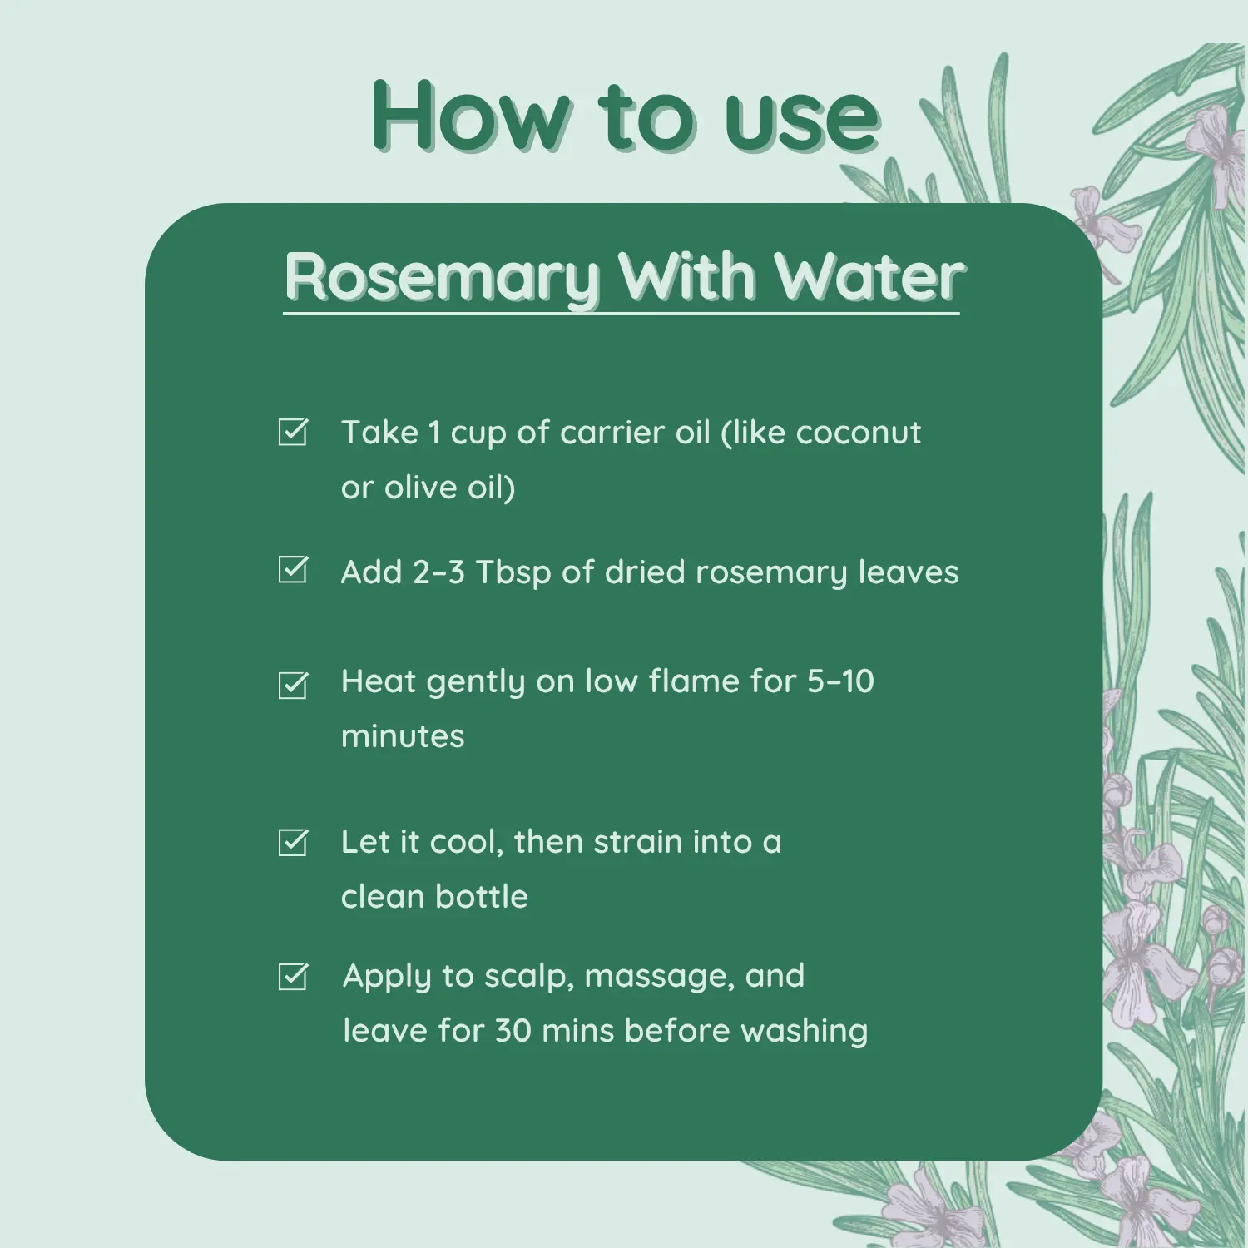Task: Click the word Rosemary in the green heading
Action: [x=441, y=277]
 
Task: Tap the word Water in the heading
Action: [x=869, y=277]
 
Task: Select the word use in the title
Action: [x=801, y=118]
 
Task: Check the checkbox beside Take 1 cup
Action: [x=293, y=432]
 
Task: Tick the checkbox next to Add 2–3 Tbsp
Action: [x=293, y=570]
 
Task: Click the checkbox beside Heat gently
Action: [x=293, y=685]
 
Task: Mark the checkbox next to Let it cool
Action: [x=293, y=843]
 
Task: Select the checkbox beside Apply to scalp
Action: [x=293, y=977]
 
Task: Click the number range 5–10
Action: [x=840, y=681]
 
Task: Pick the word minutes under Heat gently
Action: [x=403, y=736]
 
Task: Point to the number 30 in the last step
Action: [x=513, y=1031]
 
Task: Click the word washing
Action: [x=804, y=1032]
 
